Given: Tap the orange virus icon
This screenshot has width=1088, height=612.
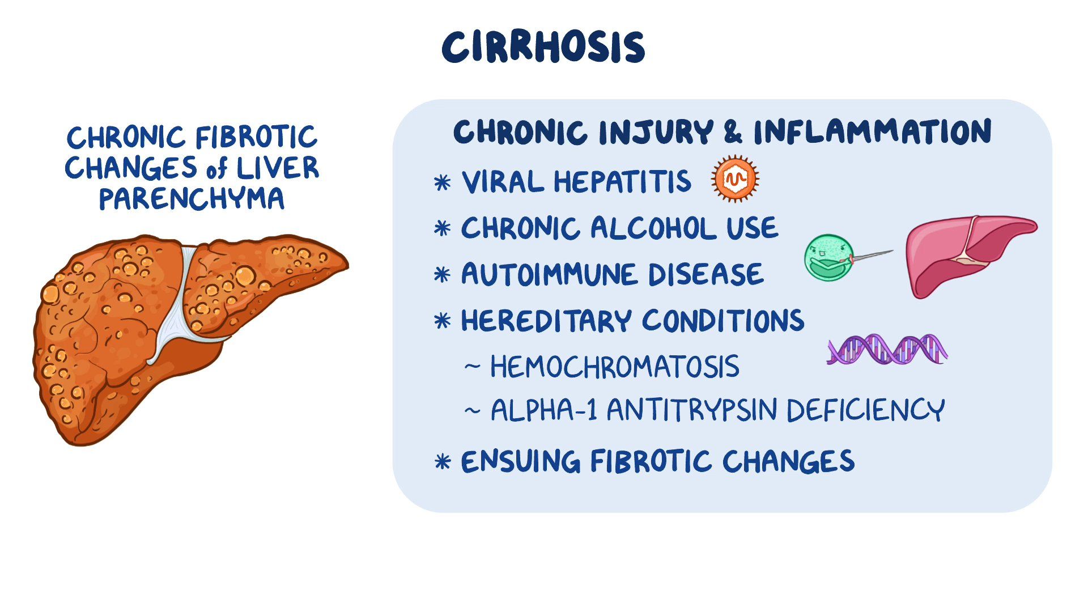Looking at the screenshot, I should point(735,178).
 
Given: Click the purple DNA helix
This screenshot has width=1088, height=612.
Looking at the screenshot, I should point(887,348).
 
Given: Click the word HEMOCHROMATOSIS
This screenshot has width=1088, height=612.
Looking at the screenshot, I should point(614,367).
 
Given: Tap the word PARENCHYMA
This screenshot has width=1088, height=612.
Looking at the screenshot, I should point(192,199).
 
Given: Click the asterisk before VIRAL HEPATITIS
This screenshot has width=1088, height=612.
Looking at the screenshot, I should point(442,183).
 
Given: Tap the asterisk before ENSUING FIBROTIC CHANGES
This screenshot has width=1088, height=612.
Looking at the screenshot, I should point(442,462).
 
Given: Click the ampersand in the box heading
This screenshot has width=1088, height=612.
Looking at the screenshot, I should point(732,133).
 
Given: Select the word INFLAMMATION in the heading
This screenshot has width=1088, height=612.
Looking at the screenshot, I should point(872,131).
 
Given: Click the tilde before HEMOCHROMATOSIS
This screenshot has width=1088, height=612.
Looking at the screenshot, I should point(472,367).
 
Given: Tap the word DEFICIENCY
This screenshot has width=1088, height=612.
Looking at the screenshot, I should point(865,410).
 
